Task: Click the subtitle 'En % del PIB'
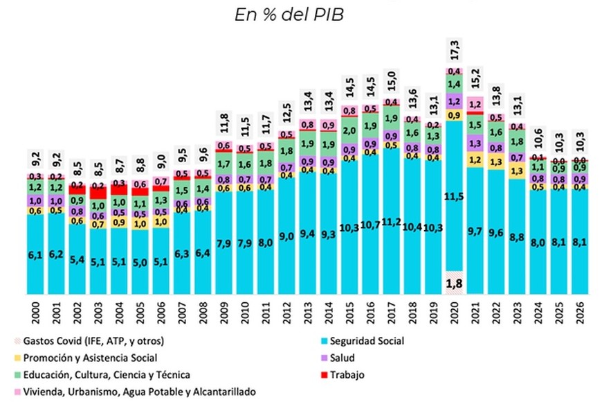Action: pyautogui.click(x=300, y=15)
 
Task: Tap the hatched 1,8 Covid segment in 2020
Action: pyautogui.click(x=455, y=283)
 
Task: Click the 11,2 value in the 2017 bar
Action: pyautogui.click(x=391, y=222)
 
